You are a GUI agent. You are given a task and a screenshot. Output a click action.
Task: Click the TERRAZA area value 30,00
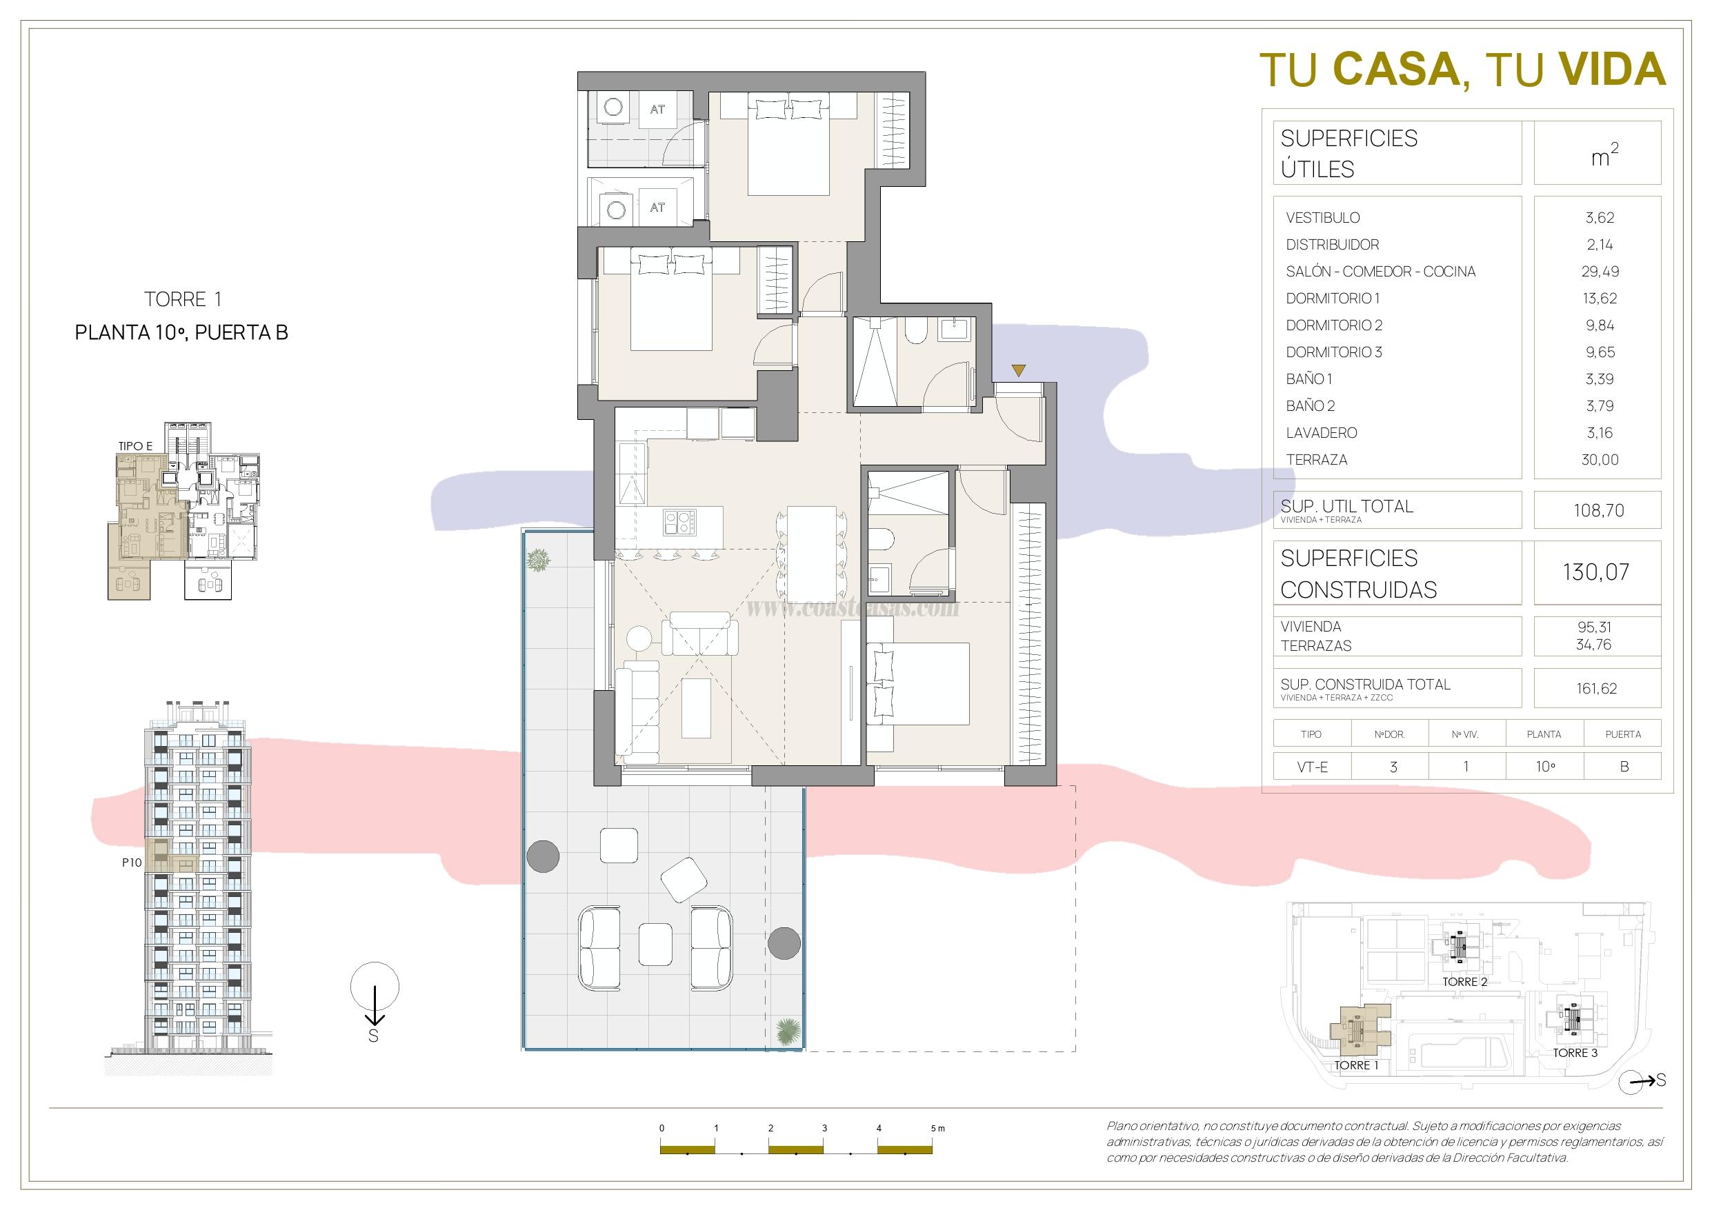coord(1600,460)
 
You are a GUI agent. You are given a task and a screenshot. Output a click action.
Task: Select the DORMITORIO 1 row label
coord(1333,299)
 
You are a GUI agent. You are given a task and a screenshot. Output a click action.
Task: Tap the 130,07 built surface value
coord(1596,572)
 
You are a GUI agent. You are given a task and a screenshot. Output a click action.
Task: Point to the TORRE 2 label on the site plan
coord(1464,982)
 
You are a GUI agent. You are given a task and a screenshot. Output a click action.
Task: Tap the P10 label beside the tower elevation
coord(132,863)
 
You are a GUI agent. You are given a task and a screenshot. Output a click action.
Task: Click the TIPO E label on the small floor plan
coord(135,446)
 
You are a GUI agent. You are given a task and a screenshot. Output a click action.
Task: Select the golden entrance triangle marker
coord(1019,370)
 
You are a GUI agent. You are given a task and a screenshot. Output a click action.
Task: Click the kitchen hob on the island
coord(679,521)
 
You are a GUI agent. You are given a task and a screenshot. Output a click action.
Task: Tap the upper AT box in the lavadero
coord(657,110)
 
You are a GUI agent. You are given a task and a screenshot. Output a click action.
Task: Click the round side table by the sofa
coord(639,639)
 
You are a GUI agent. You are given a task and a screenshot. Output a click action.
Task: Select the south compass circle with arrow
coord(375,987)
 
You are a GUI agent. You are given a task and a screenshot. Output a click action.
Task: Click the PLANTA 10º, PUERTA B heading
coord(181,332)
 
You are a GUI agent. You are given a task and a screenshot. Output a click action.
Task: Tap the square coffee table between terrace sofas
coord(655,945)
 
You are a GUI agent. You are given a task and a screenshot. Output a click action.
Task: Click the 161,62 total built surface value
coord(1596,688)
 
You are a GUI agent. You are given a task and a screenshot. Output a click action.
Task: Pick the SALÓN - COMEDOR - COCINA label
coord(1380,272)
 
